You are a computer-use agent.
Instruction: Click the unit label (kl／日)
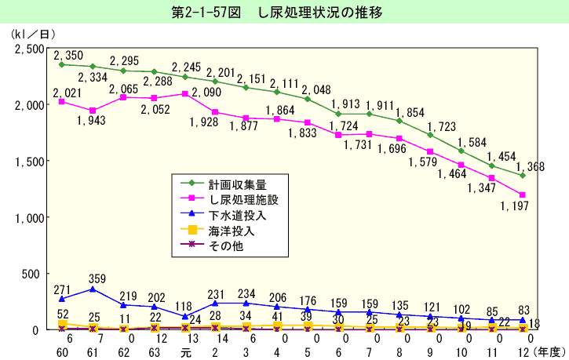tap(34, 35)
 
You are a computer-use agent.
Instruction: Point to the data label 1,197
tap(515, 205)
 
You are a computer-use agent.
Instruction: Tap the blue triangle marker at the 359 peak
tap(93, 289)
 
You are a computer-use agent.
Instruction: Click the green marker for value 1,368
tap(522, 175)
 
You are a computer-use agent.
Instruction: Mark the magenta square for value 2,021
tap(62, 101)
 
